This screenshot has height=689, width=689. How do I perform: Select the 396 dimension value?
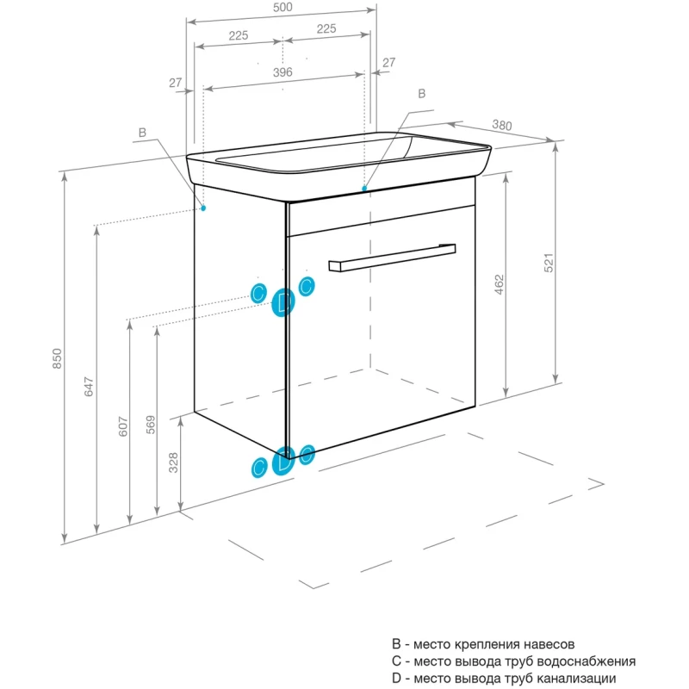tap(282, 72)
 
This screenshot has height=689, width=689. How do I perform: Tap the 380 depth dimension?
tap(501, 126)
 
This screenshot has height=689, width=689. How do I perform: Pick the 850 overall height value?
tap(57, 358)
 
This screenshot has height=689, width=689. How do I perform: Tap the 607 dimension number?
tap(122, 426)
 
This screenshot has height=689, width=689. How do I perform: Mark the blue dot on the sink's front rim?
tap(364, 187)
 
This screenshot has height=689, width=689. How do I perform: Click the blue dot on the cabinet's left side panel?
tap(204, 208)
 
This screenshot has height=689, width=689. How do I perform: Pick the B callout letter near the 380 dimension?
tap(422, 93)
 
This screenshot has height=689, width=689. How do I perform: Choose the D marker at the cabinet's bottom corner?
tap(283, 463)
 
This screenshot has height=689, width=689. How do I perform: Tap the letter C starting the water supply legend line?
tap(397, 661)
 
